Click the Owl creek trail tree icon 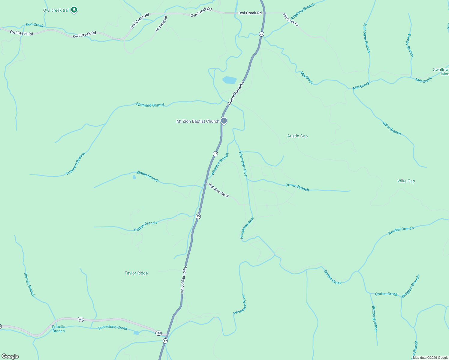[74, 10]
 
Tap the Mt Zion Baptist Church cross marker [224, 121]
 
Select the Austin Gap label [297, 136]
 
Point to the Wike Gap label [406, 181]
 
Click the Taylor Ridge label [136, 273]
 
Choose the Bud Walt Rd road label [161, 24]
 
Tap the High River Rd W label [218, 190]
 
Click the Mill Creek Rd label [291, 19]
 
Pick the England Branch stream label [303, 11]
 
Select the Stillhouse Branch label [366, 38]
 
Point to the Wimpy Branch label [410, 45]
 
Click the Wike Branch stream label [392, 128]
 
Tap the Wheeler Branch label [220, 164]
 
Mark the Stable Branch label [147, 176]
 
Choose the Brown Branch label [297, 187]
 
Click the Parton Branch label [145, 226]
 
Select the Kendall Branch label [401, 230]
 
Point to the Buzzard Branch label [374, 319]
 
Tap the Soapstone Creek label [113, 328]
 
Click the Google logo [10, 356]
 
